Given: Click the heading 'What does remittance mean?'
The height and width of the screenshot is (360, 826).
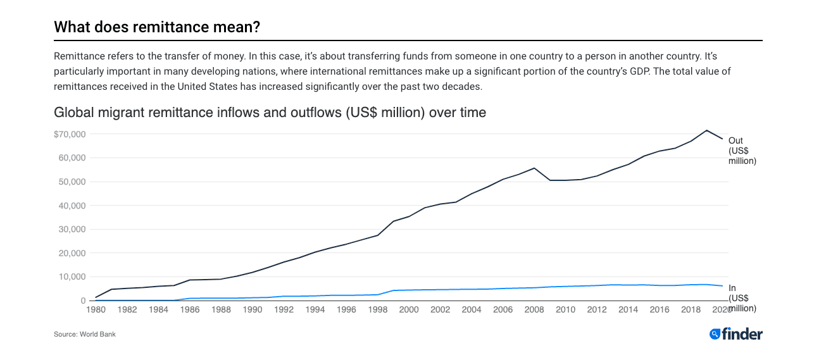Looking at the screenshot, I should (157, 27).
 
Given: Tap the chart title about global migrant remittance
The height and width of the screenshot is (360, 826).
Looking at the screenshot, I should (270, 113).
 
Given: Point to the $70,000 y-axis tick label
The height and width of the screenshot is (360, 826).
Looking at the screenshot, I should (70, 134).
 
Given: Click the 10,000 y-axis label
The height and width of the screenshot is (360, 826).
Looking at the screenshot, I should (72, 276).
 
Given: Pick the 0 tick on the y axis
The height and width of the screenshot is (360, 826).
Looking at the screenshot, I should (83, 301).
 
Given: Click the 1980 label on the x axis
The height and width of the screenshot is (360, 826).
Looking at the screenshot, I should (96, 310).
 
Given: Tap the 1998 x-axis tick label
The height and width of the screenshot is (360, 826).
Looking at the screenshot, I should (378, 310).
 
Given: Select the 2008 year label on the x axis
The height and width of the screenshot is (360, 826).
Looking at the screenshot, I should (534, 310).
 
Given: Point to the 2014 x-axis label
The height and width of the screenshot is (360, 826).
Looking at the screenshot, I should (628, 310).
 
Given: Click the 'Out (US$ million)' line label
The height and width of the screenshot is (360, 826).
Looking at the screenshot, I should (742, 151).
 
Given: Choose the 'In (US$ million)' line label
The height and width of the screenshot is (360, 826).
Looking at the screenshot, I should (742, 298).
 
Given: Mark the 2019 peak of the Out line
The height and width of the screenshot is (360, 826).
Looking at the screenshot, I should (706, 130).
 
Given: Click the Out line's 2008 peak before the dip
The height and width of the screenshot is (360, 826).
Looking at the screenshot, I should (534, 168).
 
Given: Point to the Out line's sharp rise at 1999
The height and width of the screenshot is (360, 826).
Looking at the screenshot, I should (394, 221).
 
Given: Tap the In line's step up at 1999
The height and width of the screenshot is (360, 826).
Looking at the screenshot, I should (394, 290).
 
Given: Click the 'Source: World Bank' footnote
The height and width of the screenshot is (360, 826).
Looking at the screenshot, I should (85, 334).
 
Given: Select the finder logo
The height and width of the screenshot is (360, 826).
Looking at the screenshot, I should (735, 334).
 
